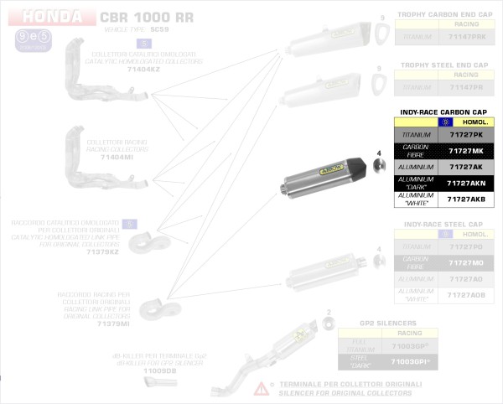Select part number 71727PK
pos(466,135)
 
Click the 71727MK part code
pos(466,151)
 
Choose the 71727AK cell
pos(466,167)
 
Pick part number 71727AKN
pos(466,183)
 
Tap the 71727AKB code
pos(466,199)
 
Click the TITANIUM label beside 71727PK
pos(416,135)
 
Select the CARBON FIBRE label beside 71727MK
pos(416,151)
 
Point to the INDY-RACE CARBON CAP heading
pos(443,111)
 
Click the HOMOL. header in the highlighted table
pos(474,122)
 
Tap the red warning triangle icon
pos(262,387)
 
